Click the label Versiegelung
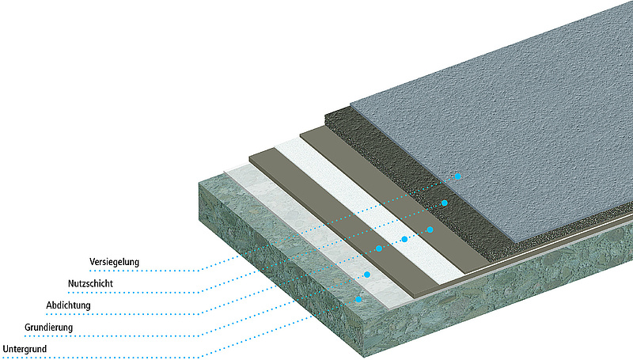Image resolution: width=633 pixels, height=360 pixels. pos(115,260)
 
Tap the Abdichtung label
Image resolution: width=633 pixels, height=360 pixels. pos(70,305)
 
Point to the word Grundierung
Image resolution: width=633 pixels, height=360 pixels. pos(48,327)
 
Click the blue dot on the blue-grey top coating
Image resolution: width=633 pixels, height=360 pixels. pos(457,176)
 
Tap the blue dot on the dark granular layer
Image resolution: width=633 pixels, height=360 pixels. pos(445,203)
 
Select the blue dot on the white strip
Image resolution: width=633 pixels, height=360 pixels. pos(404,239)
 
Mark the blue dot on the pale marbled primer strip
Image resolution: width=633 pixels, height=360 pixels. pos(367,275)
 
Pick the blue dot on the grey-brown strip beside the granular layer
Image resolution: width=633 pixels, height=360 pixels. pos(430,229)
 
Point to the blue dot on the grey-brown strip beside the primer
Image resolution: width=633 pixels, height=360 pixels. pos(379,248)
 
